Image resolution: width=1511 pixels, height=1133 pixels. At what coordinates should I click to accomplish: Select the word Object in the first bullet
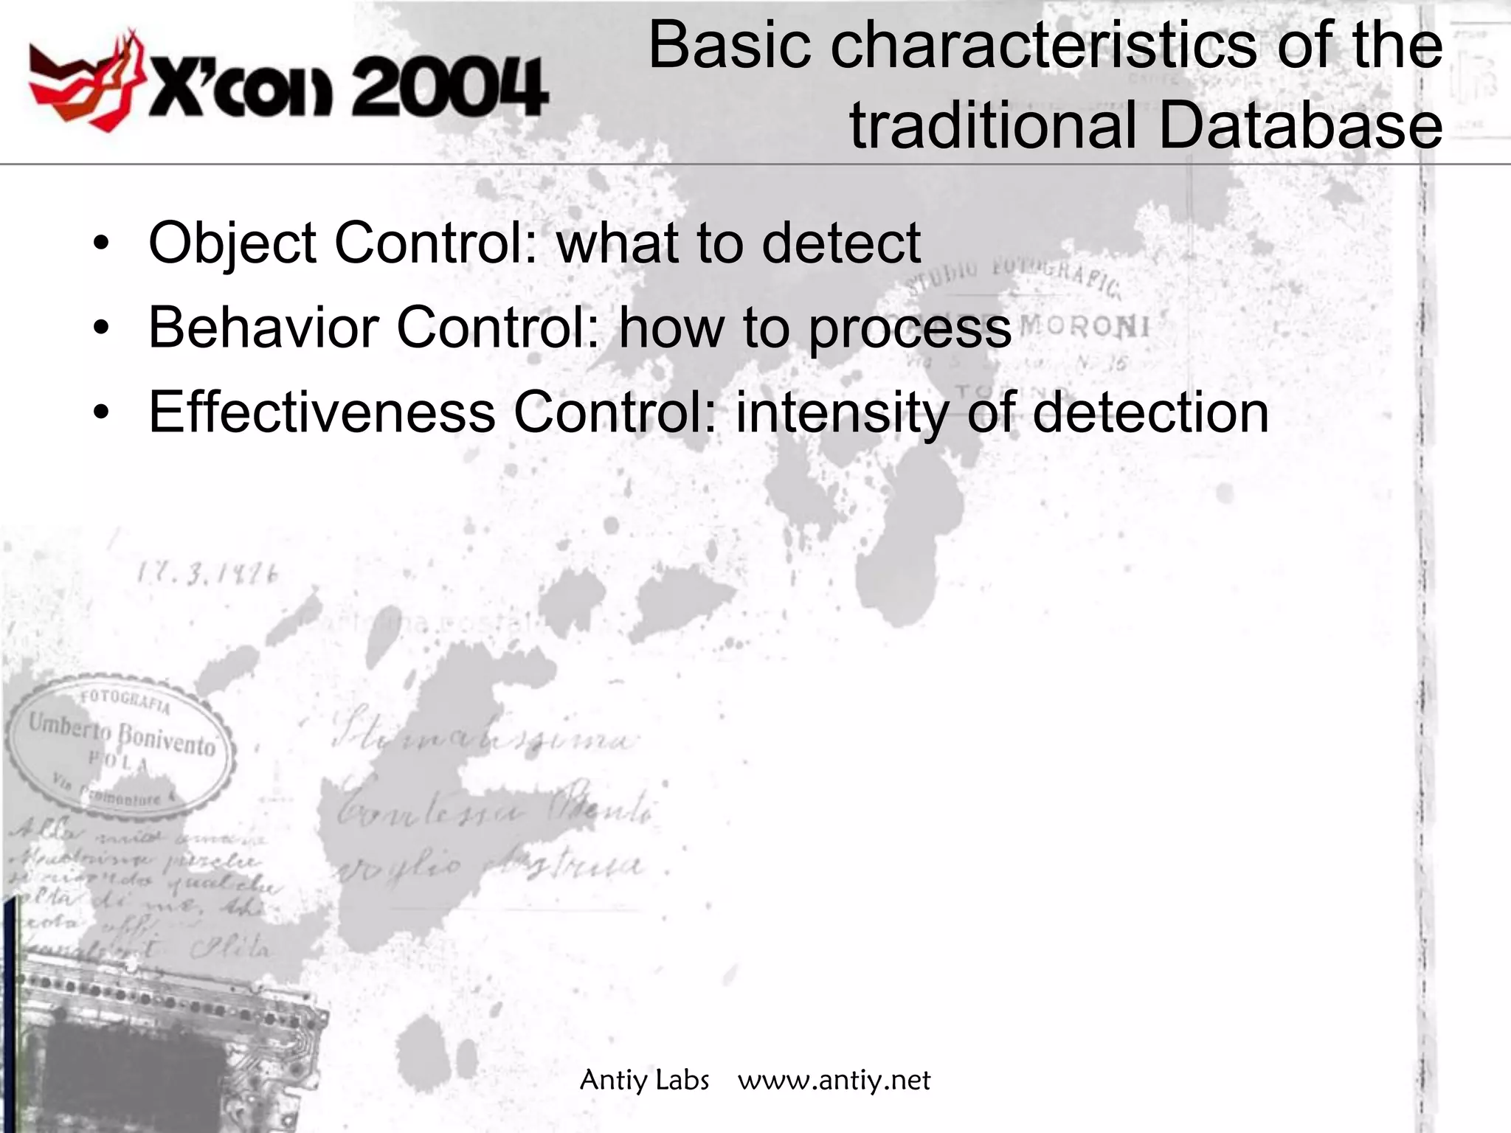[232, 243]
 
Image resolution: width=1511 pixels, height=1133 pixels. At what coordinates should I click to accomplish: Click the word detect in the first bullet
[841, 243]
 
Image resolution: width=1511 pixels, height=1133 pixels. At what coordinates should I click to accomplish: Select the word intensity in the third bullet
[842, 412]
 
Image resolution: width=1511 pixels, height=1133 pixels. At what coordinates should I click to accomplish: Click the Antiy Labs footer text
[644, 1081]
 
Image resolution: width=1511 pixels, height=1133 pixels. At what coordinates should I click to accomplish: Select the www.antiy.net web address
[834, 1081]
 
